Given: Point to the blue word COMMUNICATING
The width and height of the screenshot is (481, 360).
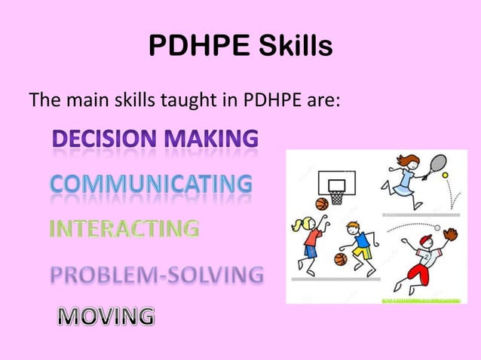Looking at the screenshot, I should [x=151, y=184].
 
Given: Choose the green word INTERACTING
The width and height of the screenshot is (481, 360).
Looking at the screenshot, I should [x=124, y=227].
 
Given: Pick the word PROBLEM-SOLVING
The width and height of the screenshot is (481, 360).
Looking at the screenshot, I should [x=157, y=274].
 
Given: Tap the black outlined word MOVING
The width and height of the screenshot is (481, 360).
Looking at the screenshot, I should [x=106, y=316].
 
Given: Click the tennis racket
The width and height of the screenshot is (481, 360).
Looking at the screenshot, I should [x=437, y=164].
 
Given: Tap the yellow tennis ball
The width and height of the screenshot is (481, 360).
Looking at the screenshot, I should [x=446, y=175].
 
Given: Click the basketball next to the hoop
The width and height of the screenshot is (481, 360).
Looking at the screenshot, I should [x=322, y=203].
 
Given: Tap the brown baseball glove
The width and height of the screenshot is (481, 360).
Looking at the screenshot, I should [x=450, y=234].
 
